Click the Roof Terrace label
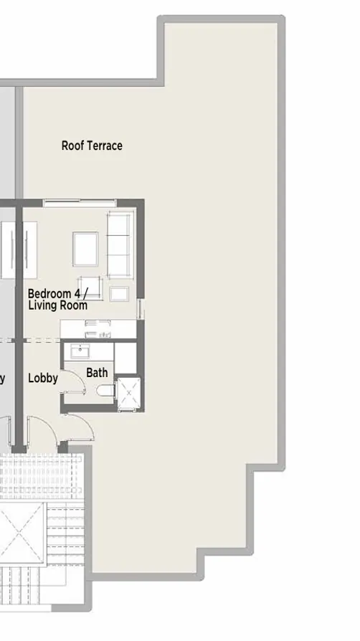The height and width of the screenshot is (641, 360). click(92, 146)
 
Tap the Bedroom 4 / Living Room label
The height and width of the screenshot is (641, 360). click(57, 299)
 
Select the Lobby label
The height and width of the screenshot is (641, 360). click(42, 378)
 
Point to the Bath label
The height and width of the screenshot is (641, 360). click(97, 372)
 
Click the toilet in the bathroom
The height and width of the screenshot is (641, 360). click(103, 391)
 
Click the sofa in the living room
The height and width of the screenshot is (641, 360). click(119, 244)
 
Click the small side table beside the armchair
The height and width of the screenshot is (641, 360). click(118, 293)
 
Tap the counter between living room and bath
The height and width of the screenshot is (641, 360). click(98, 329)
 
